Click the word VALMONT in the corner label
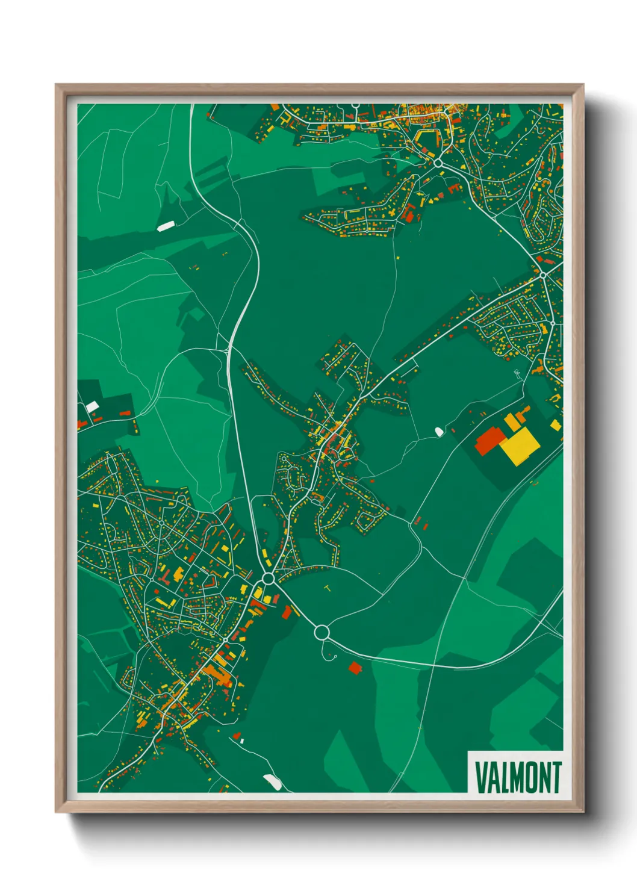[518, 777]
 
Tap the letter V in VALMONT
[481, 777]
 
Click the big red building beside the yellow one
[490, 440]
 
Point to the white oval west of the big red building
[439, 431]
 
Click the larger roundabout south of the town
[322, 632]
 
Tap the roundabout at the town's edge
[269, 579]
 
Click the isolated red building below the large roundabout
[355, 667]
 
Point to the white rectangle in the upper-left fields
[165, 226]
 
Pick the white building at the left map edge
[92, 407]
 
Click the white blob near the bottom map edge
[273, 782]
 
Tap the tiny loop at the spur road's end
[328, 656]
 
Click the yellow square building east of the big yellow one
[555, 426]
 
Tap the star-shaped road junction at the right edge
[542, 275]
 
